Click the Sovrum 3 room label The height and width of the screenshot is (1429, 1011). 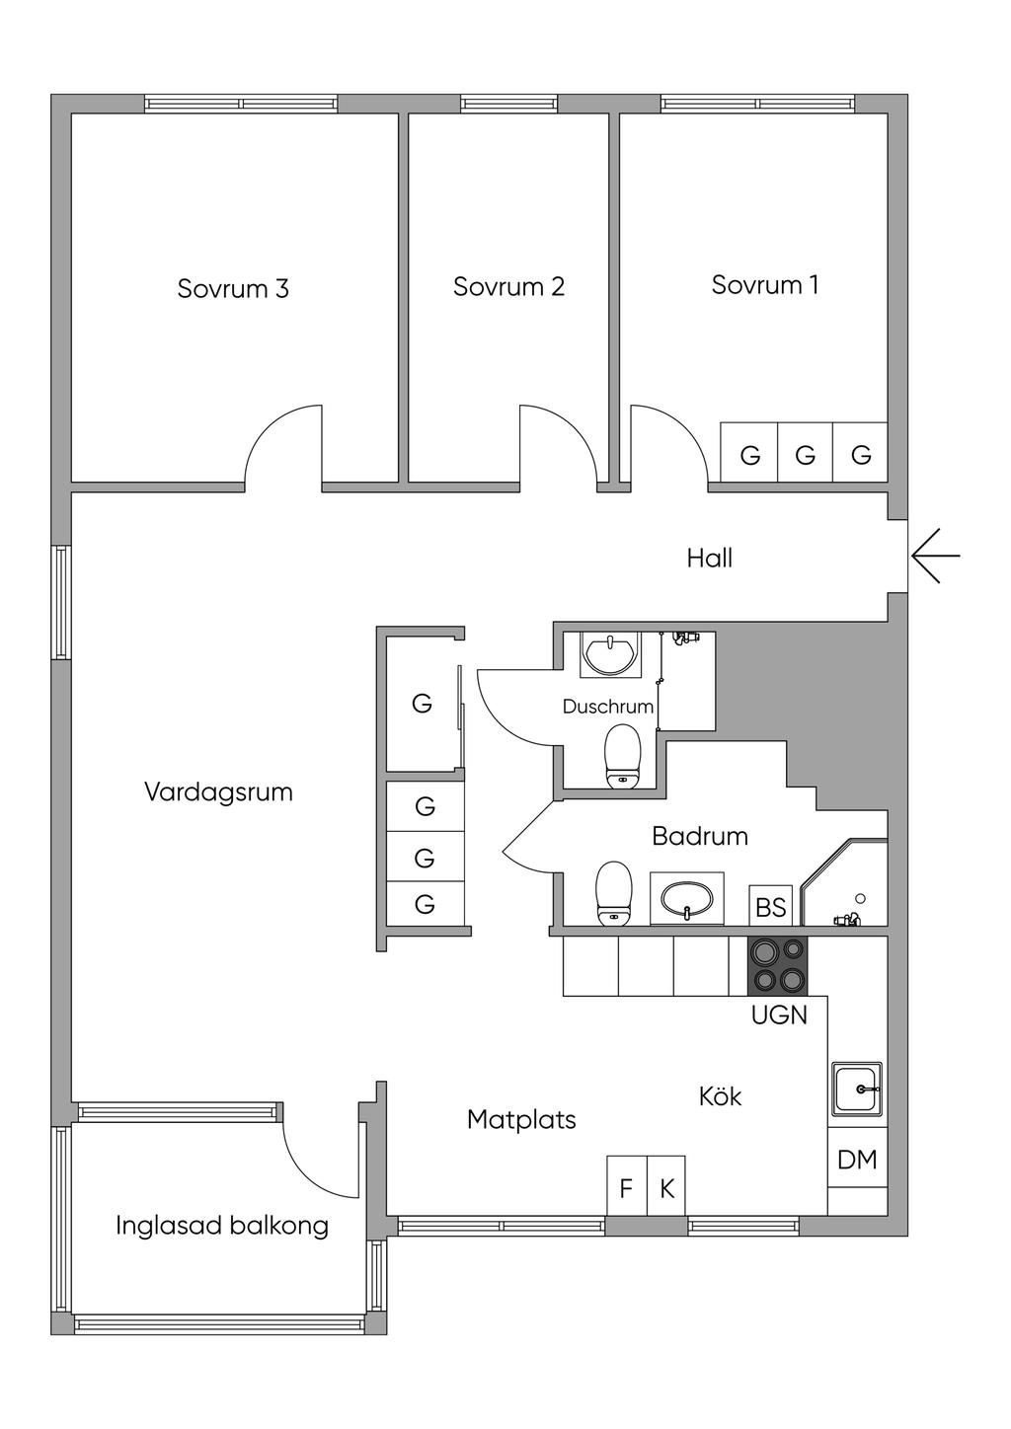233,288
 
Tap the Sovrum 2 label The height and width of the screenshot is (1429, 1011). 508,286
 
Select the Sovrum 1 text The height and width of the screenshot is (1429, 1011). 764,284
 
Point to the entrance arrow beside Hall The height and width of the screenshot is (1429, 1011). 935,555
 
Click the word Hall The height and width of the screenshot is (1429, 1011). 709,559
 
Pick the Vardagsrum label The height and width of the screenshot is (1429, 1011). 218,792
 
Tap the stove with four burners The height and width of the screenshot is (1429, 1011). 777,966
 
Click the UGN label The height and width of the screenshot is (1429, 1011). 779,1015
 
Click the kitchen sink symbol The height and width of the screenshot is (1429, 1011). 857,1089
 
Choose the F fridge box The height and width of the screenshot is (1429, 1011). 627,1185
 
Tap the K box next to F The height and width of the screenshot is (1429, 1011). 666,1185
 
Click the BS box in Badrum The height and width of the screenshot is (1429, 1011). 770,905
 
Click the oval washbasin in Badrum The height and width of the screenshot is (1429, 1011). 687,898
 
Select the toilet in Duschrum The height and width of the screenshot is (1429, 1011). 622,756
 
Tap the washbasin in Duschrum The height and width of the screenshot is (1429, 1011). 609,653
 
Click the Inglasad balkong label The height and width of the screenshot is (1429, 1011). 222,1226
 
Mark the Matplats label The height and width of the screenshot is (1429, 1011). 521,1119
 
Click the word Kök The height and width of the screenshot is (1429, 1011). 720,1096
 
